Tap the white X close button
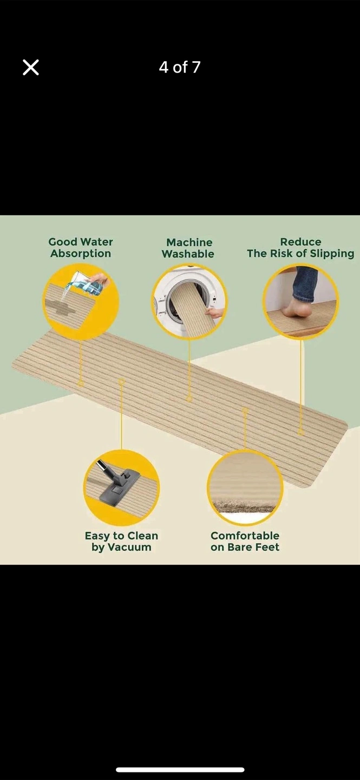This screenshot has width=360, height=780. coord(31,67)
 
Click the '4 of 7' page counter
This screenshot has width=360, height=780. coord(180,67)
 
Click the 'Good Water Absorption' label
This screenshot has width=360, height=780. coord(81,248)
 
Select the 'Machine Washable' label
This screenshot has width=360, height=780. coord(188,248)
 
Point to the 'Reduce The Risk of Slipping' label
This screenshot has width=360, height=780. coord(300,248)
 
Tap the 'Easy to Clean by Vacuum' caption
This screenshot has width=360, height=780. coord(121,541)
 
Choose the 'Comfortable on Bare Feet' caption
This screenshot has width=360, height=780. coord(245,541)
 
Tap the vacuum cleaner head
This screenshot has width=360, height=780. coord(120,485)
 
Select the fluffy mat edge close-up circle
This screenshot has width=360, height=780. coord(245,487)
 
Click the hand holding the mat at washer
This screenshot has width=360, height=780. coord(214,312)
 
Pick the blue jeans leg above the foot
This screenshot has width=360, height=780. coord(305,284)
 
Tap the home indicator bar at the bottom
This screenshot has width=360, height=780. coord(180,770)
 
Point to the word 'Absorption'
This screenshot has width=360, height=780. coord(81,253)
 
